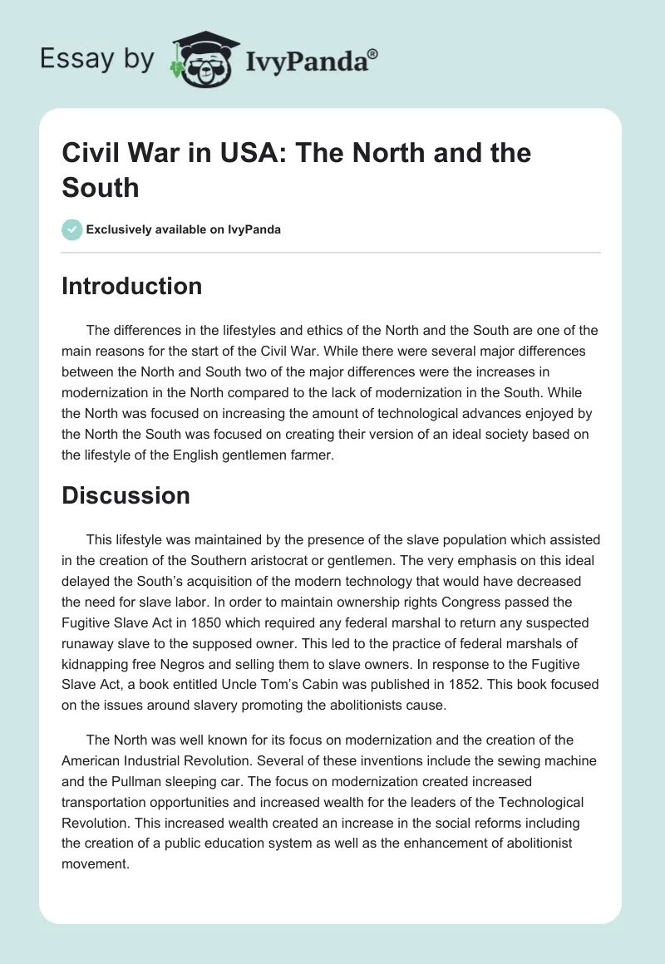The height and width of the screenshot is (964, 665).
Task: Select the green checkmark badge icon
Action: click(72, 229)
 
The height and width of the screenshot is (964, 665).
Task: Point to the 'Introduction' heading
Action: click(132, 286)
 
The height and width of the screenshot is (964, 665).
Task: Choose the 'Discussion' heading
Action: click(126, 495)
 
